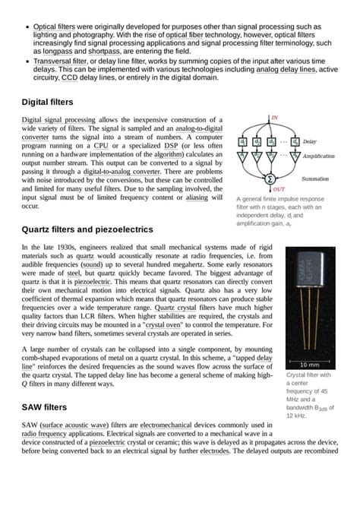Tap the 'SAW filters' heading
(44, 407)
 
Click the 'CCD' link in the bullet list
(70, 77)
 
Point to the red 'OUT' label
(279, 188)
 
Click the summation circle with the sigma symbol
(269, 179)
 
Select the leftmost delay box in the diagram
(242, 141)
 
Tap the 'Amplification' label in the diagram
(317, 156)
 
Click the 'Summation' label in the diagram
(315, 179)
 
